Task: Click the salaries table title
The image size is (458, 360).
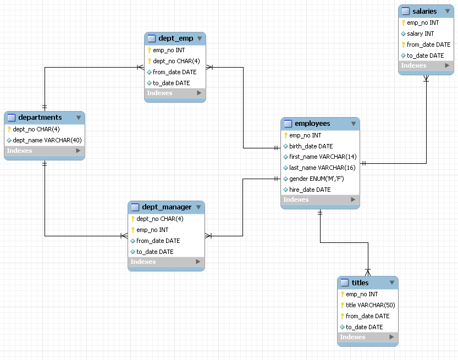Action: (x=424, y=11)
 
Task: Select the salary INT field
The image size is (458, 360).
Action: (x=420, y=34)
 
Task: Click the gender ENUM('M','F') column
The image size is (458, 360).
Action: (x=316, y=179)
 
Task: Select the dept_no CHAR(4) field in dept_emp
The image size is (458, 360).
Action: (x=176, y=61)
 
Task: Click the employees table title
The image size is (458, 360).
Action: (x=312, y=124)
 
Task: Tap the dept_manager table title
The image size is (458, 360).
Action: (x=167, y=207)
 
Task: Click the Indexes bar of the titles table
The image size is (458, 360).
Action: (x=367, y=337)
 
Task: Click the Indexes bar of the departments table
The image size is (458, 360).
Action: (x=44, y=151)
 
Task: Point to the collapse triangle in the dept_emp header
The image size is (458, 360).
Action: (x=199, y=38)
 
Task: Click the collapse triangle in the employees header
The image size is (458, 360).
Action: (x=353, y=124)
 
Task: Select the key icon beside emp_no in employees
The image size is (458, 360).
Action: (x=286, y=135)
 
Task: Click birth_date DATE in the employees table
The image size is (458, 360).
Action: (x=311, y=146)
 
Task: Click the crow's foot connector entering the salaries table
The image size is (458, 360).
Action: (x=426, y=79)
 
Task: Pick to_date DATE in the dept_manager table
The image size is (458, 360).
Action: (x=154, y=252)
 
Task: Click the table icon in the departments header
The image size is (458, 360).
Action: (x=12, y=118)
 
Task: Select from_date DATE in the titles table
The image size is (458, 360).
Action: (x=367, y=316)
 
